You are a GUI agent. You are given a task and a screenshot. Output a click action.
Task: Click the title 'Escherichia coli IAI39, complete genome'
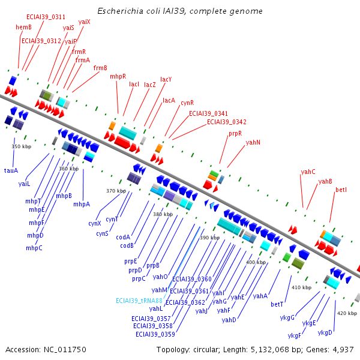179,11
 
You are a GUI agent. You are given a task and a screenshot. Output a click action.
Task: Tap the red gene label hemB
23,28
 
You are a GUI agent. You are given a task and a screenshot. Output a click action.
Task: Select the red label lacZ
150,85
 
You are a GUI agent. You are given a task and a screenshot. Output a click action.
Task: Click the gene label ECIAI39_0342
226,122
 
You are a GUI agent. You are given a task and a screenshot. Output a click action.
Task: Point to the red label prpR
235,134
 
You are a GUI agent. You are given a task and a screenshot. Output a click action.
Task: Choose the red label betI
341,190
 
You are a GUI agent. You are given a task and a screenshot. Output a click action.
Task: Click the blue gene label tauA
11,170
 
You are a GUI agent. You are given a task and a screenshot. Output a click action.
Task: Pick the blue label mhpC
34,248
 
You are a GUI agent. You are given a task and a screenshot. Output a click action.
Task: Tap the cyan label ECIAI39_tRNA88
139,300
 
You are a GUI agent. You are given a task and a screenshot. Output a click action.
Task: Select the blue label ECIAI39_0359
155,334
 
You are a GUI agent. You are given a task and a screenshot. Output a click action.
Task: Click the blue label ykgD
325,332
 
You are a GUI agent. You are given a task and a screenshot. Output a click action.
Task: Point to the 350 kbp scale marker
21,146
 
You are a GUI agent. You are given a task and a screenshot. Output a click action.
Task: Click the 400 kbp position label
256,262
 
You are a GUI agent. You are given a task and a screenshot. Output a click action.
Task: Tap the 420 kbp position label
346,313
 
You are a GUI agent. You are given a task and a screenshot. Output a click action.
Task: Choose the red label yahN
253,142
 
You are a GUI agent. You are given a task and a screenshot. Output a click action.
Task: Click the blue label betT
277,304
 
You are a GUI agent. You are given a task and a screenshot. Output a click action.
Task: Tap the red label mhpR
118,77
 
